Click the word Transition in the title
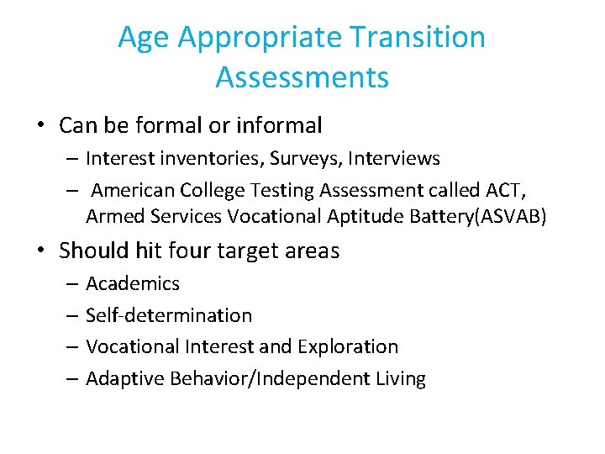[x=418, y=38]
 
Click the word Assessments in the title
[x=302, y=77]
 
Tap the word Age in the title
[x=145, y=38]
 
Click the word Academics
[x=133, y=283]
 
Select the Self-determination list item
[x=168, y=315]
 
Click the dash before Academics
[x=71, y=284]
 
